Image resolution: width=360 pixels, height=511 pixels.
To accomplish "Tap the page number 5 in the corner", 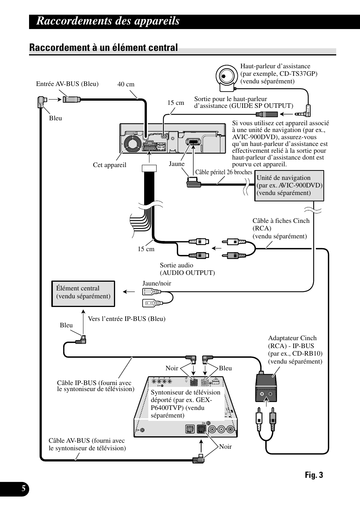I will pos(23,489).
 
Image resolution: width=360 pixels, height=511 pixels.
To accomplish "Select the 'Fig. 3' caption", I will pos(314,475).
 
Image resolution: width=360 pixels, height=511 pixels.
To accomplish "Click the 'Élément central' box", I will pos(83,293).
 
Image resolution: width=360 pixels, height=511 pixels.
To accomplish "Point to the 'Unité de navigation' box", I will pos(289,186).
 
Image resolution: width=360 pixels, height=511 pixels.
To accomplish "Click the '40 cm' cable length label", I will pos(126,84).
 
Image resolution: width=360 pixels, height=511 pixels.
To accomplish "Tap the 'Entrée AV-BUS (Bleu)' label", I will pos(67,84).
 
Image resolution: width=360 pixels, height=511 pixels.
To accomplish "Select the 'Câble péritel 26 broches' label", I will pos(223,172).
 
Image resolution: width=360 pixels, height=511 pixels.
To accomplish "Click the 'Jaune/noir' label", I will pos(157,283).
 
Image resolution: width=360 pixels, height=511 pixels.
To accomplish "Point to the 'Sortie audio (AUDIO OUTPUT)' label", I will pos(187,269).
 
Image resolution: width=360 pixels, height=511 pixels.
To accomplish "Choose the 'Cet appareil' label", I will pos(109,165).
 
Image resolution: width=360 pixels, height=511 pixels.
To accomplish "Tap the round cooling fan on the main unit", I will pos(133,144).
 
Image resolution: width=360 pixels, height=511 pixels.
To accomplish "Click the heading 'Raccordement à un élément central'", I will pos(103,48).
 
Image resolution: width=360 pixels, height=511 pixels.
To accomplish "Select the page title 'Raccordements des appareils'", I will pos(108,21).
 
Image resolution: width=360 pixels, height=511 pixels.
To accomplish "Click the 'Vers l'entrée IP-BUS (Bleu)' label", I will pos(126,319).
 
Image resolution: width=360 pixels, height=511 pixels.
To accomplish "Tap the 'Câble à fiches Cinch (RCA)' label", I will pos(281,228).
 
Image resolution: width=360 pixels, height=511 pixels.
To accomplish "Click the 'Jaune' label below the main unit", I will pos(177,164).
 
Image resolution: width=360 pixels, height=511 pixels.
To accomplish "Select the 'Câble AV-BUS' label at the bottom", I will pos(87,444).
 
